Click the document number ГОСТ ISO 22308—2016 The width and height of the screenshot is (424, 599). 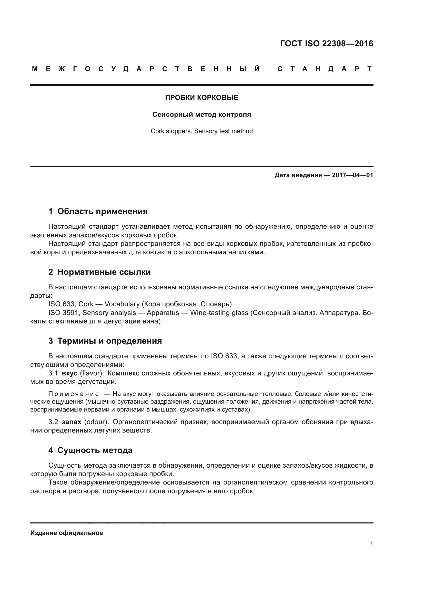[x=326, y=44]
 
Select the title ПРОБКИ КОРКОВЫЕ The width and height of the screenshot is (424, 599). [x=201, y=98]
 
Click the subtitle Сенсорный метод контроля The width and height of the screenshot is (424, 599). [x=201, y=115]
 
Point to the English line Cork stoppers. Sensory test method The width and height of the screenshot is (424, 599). [x=201, y=131]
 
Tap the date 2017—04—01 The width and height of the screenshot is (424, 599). [x=352, y=175]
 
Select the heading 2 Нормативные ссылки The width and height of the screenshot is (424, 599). [x=99, y=272]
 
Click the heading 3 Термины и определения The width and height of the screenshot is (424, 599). [x=105, y=341]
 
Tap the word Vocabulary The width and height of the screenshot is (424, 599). [x=122, y=304]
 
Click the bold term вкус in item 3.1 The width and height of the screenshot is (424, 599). [x=70, y=374]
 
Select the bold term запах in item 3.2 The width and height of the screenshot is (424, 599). [x=72, y=422]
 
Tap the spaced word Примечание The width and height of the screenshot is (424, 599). [x=74, y=394]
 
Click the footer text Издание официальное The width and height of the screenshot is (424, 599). [x=67, y=533]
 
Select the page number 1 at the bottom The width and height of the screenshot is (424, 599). [x=371, y=544]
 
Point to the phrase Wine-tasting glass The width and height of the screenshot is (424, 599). [x=219, y=313]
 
